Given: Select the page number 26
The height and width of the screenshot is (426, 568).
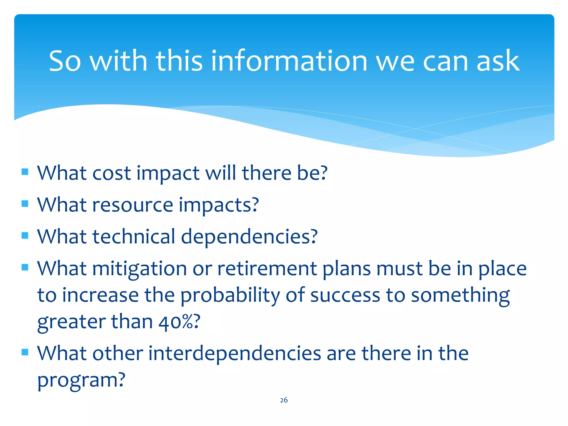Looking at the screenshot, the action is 284,400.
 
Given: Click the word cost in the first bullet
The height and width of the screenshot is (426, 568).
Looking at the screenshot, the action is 111,173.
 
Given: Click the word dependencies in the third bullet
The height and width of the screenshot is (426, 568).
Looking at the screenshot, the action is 249,237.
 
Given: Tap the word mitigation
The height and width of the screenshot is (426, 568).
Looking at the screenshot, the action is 140,269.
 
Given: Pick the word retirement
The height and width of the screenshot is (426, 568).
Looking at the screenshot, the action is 267,269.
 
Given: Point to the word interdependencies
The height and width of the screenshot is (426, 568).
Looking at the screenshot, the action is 235,354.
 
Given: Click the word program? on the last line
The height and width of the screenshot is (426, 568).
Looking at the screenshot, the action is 81,380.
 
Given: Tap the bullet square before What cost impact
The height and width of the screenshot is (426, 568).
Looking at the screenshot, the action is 25,172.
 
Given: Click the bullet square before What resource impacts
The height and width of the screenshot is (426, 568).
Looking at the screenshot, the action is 25,204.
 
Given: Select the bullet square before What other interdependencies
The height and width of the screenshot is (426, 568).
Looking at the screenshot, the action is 25,352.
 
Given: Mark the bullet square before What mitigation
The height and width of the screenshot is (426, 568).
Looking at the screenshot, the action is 25,267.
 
